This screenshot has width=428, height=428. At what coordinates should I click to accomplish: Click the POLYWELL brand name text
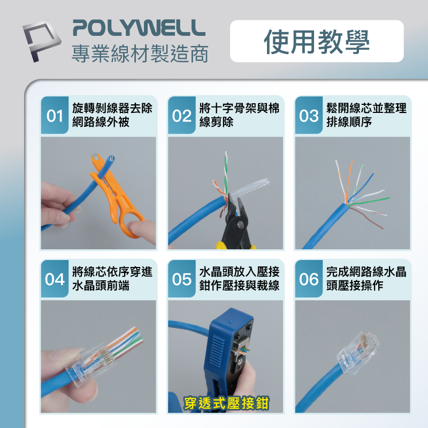point(139,28)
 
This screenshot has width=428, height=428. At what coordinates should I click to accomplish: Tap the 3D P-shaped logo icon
point(42,41)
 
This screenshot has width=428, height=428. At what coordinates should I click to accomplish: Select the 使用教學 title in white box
point(317,42)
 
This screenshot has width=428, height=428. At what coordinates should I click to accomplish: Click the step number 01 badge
point(55,115)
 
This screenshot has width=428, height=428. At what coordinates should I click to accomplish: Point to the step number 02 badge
point(182,115)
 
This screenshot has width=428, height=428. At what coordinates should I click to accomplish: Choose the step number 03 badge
point(309,115)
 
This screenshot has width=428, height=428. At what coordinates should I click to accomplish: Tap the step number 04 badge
point(55,279)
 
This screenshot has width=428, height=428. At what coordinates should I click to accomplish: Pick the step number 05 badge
point(182,279)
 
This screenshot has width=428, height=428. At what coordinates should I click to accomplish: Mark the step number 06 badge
point(309,279)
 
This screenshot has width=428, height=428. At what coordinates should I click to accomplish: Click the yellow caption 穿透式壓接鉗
point(226,403)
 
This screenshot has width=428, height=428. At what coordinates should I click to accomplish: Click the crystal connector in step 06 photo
point(357,353)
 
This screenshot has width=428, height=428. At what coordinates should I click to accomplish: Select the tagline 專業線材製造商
point(140,53)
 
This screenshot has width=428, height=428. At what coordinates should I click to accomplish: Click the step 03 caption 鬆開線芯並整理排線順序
point(366,115)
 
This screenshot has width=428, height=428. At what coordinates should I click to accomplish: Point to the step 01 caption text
point(112,115)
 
